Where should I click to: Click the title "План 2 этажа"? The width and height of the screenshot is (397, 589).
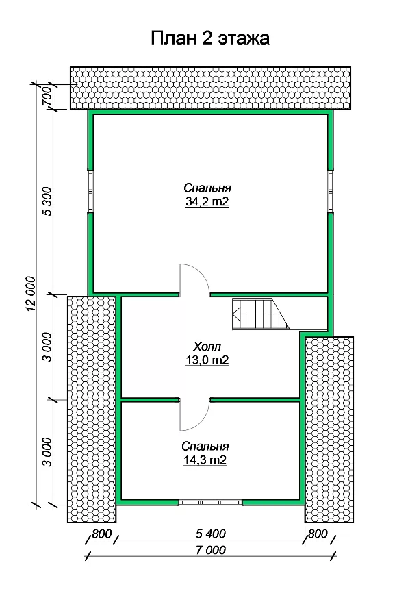coord(210,38)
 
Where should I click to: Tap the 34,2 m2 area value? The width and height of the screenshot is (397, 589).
coord(207,202)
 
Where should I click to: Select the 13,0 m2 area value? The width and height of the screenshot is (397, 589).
coord(207,360)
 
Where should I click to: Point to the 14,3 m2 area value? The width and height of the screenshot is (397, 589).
coord(205,460)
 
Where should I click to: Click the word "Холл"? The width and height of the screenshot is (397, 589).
coord(207,346)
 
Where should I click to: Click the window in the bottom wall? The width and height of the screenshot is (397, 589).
coord(210,503)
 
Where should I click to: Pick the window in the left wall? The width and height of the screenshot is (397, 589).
coord(90,192)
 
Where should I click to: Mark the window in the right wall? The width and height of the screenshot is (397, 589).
coord(330,192)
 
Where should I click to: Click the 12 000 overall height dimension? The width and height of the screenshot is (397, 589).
coord(31,293)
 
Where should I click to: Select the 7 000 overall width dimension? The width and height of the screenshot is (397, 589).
coord(211,551)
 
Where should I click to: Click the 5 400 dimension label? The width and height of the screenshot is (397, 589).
coord(211,534)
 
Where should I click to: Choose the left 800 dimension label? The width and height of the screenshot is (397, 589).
coord(102,534)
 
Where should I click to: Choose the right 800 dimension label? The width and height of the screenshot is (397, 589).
coord(318,534)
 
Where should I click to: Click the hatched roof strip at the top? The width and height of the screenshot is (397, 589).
coord(210,88)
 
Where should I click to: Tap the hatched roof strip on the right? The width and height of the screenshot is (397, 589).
coord(329,429)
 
